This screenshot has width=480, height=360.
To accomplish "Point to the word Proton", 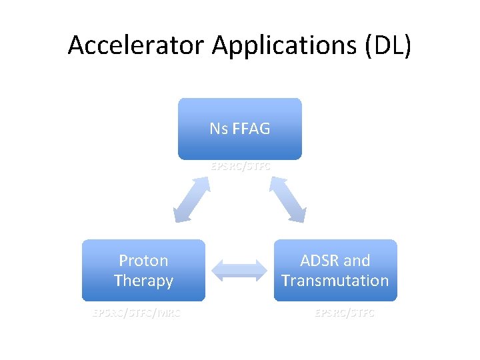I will pos(143,261).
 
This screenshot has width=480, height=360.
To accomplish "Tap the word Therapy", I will pos(143,281).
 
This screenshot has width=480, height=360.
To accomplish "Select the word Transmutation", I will pos(335,281).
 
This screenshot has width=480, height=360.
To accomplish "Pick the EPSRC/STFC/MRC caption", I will pos(137,312).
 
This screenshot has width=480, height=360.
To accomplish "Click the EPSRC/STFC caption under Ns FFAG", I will pos(241,167).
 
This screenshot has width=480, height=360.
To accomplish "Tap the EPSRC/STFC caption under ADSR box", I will pos(345,312).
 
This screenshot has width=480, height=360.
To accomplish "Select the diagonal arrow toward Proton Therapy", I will pos(192,199).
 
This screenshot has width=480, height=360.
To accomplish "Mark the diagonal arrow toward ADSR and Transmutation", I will pos(288,199).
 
